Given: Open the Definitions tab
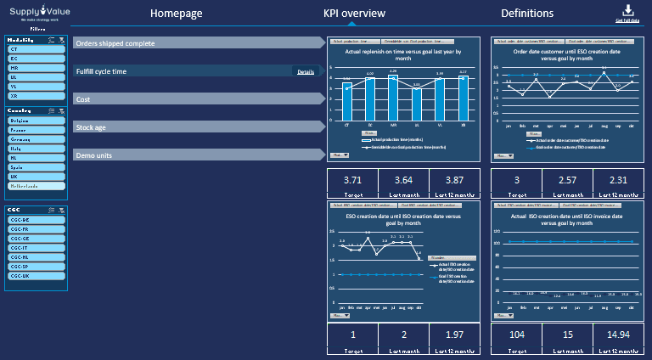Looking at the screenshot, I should [x=526, y=14].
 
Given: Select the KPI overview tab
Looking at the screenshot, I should [x=354, y=14].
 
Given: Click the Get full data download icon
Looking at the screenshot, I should [x=627, y=11].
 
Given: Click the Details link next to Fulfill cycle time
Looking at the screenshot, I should [x=306, y=72].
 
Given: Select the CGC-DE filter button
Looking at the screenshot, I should [x=37, y=220].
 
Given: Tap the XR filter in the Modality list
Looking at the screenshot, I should [x=37, y=97].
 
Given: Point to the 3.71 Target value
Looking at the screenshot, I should [x=352, y=181].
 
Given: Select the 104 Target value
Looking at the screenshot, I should [x=516, y=336].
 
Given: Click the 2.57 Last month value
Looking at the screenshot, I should [x=567, y=181].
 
